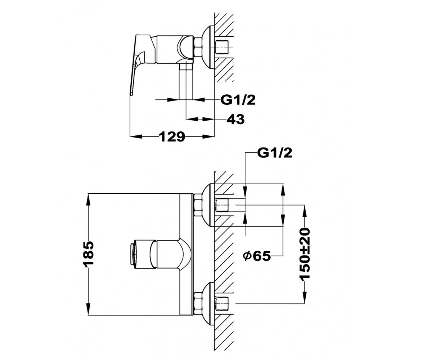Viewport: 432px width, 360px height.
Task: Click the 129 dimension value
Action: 172,137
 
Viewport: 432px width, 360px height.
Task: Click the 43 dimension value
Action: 235,120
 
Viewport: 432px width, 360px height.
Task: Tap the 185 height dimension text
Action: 88,253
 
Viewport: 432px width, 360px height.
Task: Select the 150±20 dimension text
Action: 305,254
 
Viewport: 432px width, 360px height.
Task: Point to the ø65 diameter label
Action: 257,256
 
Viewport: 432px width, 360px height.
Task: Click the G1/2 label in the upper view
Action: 238,100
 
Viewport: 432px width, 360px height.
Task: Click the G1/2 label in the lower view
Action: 275,153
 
